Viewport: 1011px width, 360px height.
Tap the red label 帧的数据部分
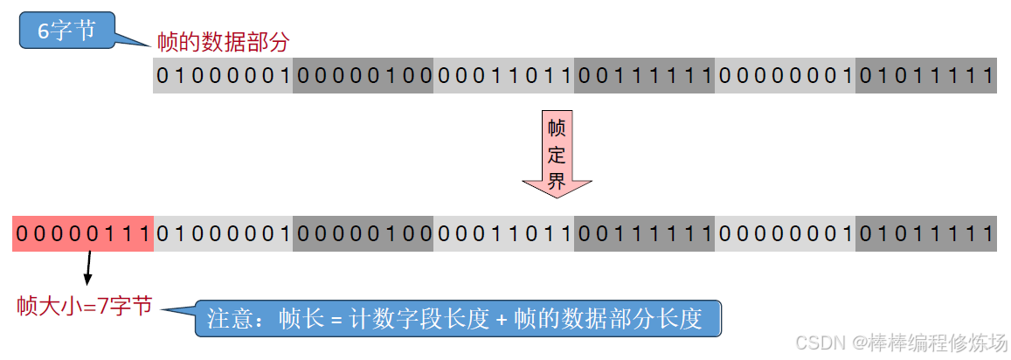223,41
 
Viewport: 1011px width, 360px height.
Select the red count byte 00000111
83,234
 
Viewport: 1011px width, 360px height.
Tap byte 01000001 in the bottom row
223,234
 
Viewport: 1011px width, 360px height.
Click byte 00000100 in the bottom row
364,234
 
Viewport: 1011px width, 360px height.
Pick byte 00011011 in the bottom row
504,234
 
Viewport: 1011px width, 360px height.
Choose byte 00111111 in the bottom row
645,234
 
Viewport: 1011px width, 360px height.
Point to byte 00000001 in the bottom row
786,234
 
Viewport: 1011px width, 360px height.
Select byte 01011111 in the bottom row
926,234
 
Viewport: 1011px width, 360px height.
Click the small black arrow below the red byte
87,269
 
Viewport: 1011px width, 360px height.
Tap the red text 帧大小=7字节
85,305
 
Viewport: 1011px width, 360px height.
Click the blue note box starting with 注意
459,318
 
